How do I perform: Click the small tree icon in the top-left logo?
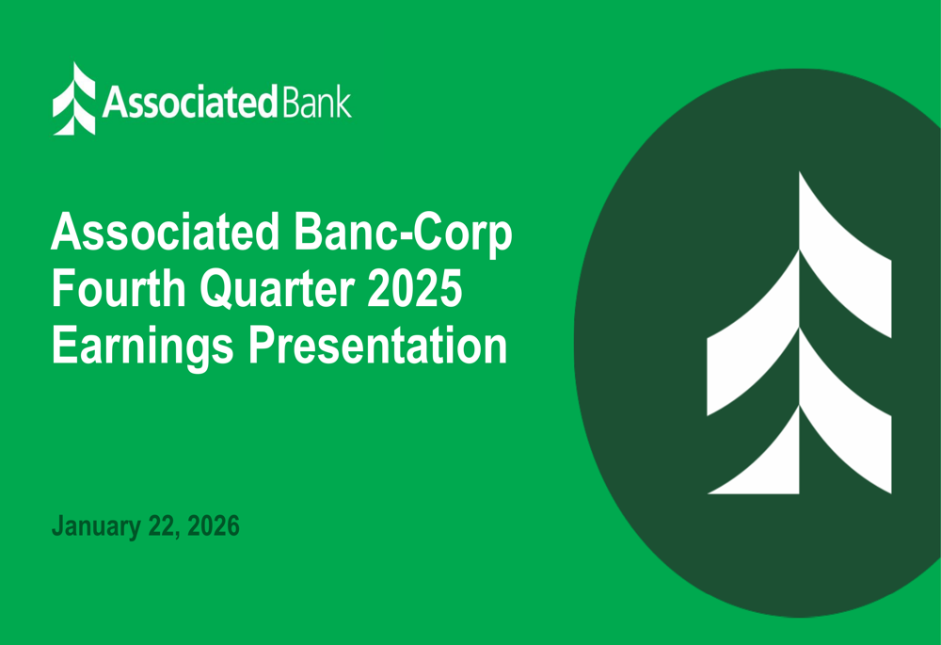tap(73, 99)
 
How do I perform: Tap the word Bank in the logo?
tap(316, 101)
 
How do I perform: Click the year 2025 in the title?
tap(421, 289)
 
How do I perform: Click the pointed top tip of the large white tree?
tap(802, 179)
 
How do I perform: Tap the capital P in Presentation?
tap(262, 346)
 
